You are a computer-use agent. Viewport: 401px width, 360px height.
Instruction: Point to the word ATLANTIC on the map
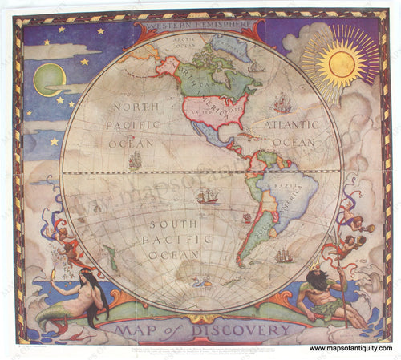(x=286, y=125)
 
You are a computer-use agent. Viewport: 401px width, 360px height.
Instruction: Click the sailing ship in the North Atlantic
(x=281, y=103)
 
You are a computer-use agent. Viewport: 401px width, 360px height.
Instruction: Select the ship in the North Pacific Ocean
(x=135, y=160)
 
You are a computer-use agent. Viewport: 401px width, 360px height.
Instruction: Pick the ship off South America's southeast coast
(x=283, y=256)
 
